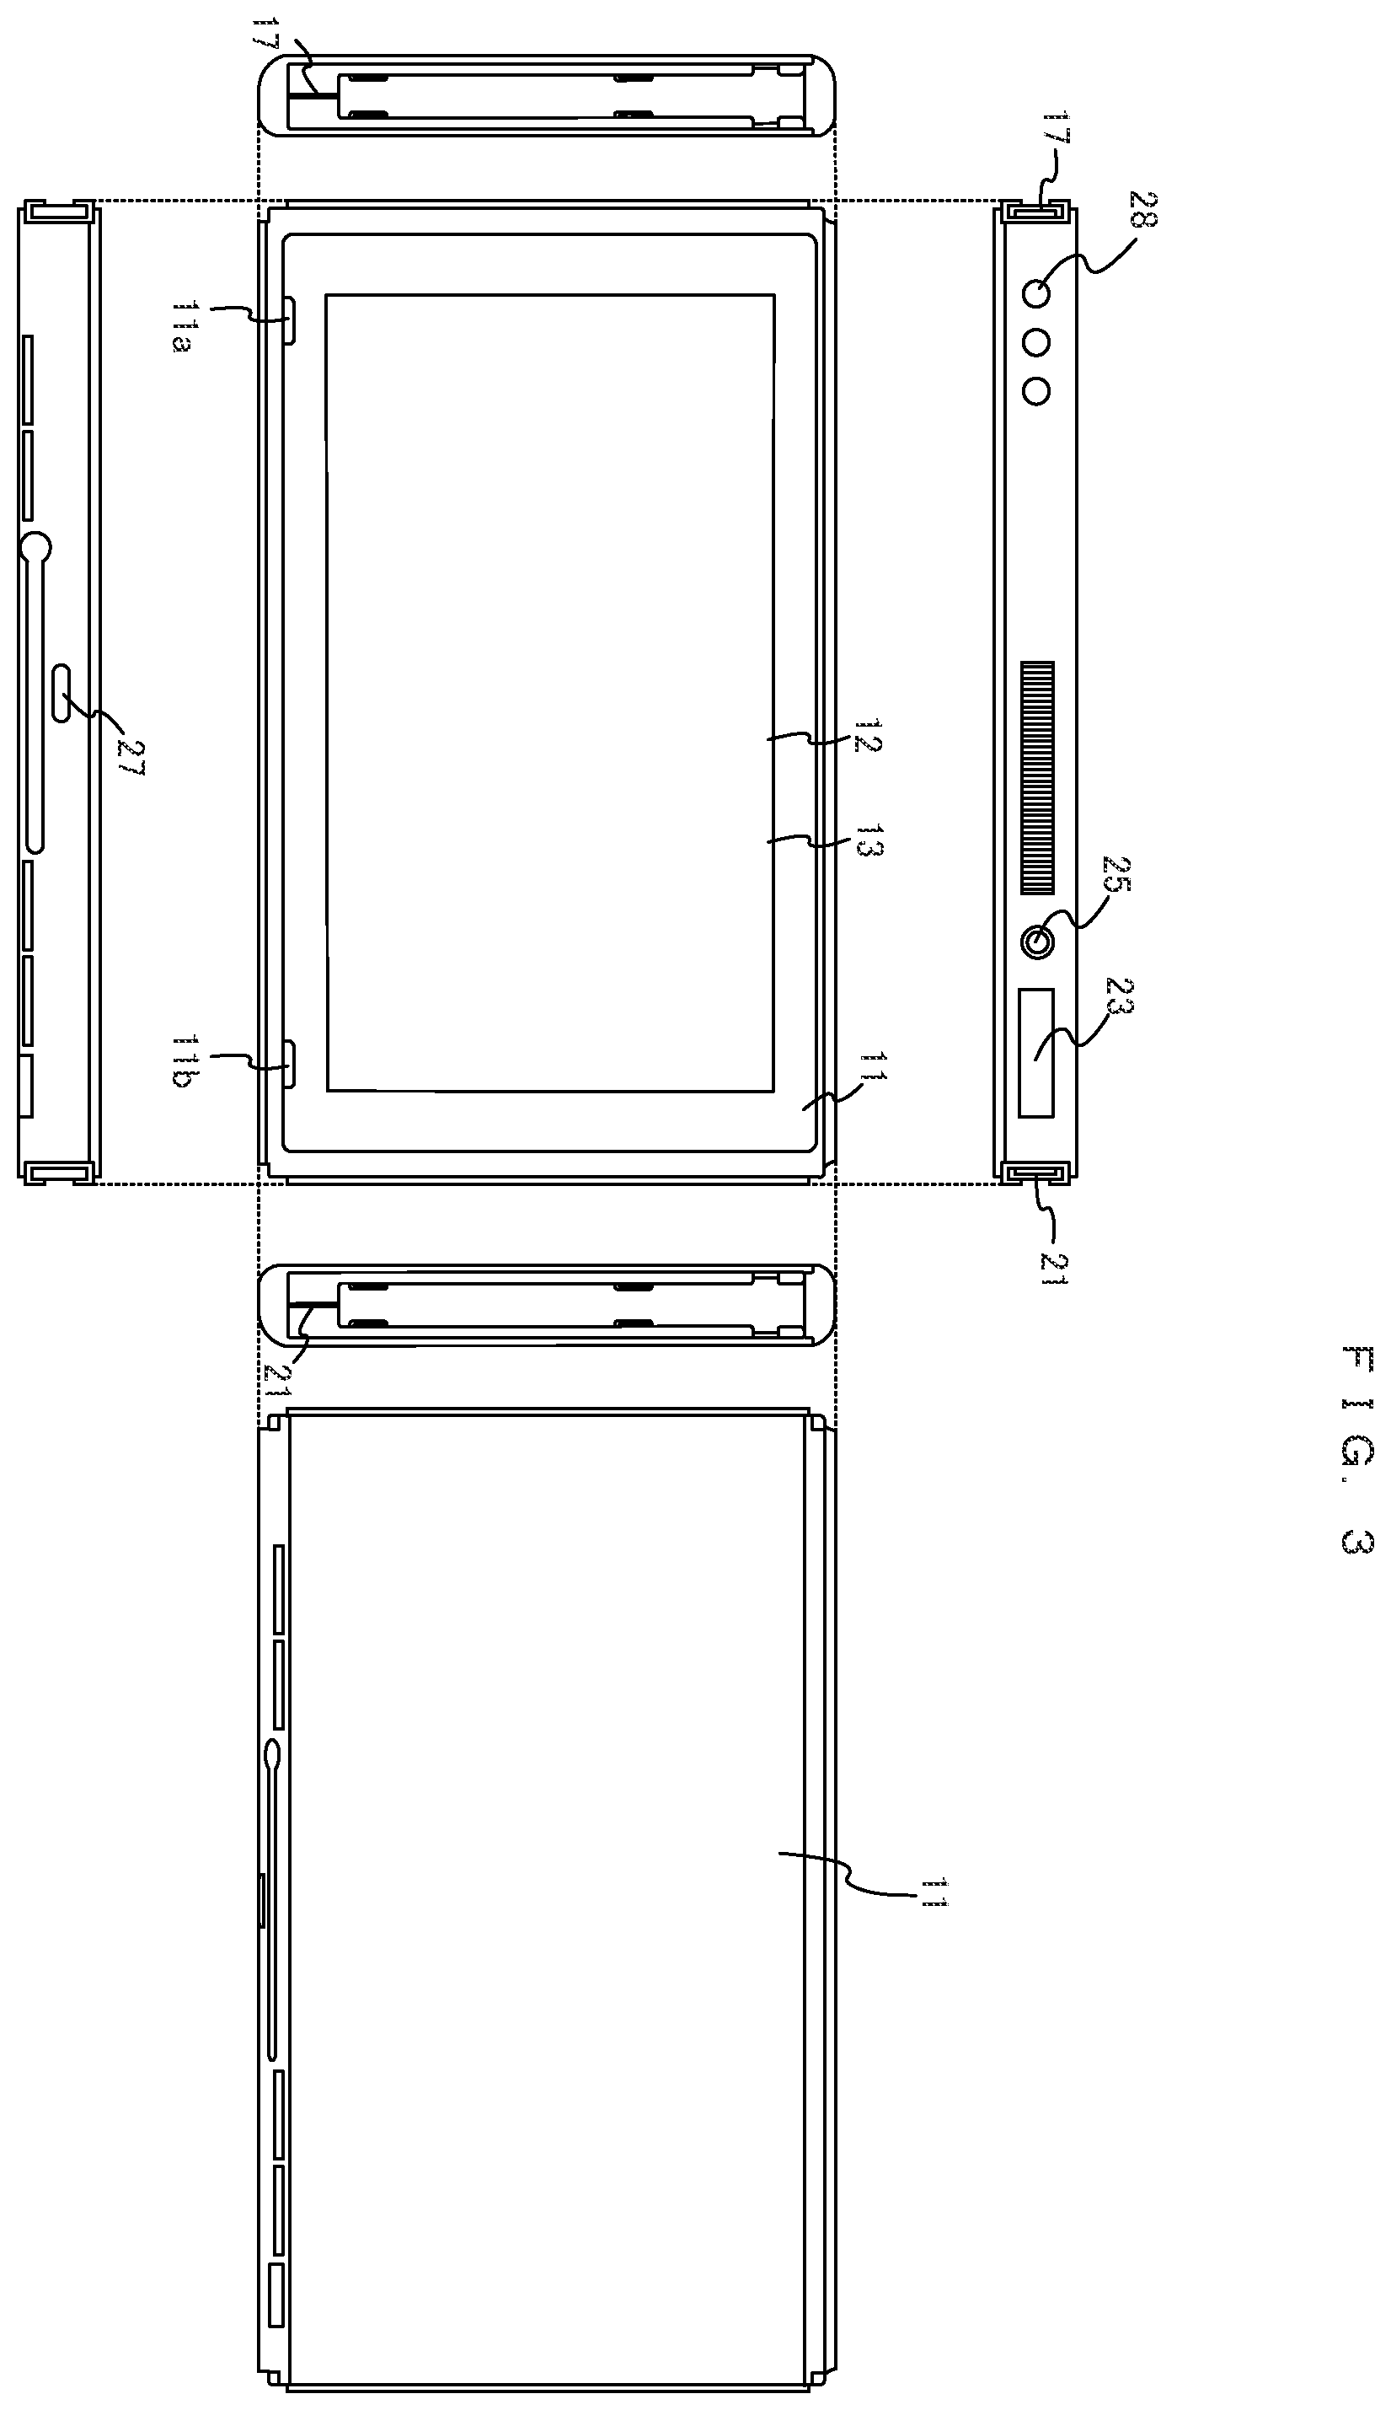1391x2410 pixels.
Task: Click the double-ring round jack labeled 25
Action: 1037,943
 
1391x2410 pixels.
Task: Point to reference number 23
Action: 1118,998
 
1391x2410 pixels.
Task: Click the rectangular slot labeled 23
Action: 1036,1052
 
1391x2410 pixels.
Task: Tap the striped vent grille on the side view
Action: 1037,778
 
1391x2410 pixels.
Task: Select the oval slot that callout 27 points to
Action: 62,693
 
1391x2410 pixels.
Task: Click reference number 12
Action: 865,737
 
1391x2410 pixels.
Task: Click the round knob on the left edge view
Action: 35,548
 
